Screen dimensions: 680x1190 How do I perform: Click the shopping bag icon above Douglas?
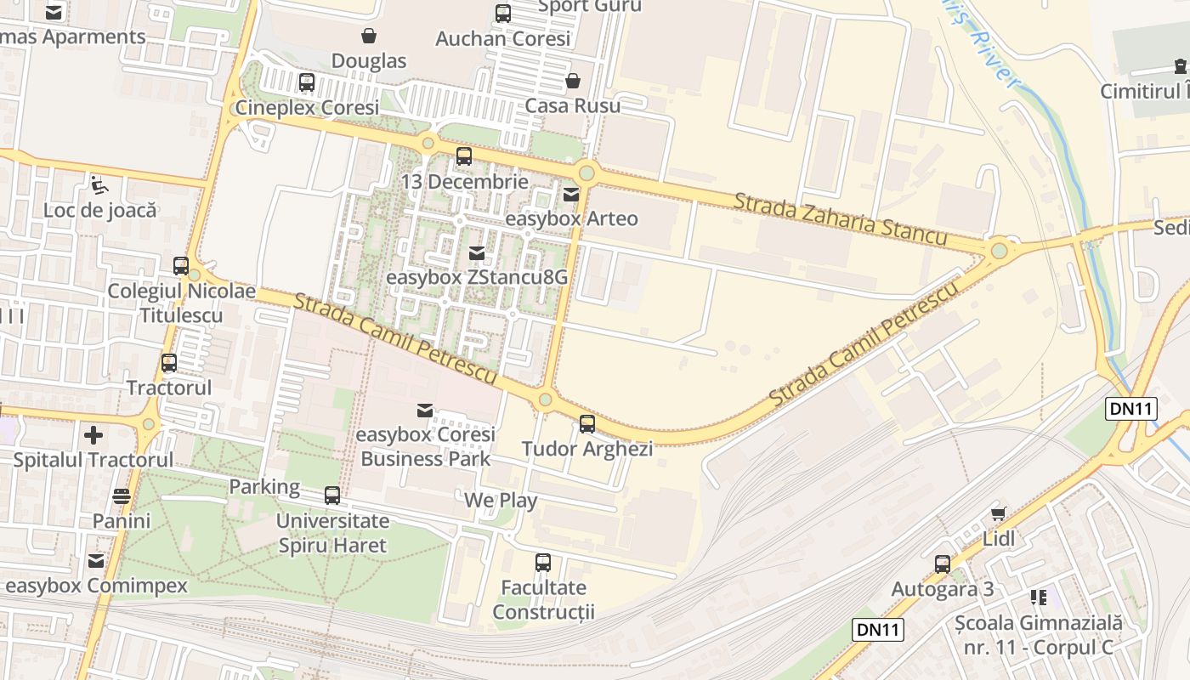(x=369, y=36)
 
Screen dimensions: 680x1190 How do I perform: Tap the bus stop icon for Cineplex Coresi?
(x=307, y=82)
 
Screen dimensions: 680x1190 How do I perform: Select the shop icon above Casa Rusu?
(x=573, y=81)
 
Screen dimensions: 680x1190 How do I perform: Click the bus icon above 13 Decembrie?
(x=463, y=156)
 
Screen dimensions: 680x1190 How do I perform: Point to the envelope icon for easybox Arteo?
(x=571, y=194)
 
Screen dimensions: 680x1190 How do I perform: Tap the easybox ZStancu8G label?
(x=476, y=278)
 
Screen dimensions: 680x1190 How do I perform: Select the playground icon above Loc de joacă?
(x=99, y=184)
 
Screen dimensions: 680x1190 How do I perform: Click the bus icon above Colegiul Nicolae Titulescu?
(x=181, y=266)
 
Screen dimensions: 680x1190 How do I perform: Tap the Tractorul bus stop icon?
(x=169, y=363)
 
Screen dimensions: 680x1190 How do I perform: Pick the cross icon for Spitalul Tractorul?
(x=93, y=435)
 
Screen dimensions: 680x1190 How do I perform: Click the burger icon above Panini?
(x=122, y=496)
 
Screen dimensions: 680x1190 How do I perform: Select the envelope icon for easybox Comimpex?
(x=96, y=561)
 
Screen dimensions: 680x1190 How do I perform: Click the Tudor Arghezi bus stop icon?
(x=586, y=423)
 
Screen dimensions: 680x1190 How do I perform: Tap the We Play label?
(x=501, y=500)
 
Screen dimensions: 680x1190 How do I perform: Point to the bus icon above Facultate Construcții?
(x=543, y=563)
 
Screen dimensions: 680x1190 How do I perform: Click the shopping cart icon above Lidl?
(x=999, y=513)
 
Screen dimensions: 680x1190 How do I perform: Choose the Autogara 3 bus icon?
(x=942, y=564)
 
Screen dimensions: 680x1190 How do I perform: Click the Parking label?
(x=264, y=487)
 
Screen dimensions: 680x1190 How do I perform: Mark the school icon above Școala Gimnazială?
(x=1038, y=598)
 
